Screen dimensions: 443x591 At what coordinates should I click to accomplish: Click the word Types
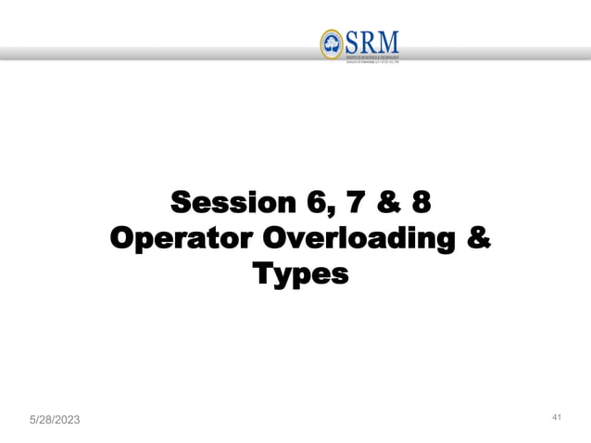(x=300, y=275)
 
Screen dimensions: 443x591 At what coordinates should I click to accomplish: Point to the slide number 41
(x=557, y=419)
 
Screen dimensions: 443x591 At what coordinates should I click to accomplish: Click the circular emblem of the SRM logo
(x=331, y=43)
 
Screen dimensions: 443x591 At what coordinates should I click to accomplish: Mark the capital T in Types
(x=262, y=274)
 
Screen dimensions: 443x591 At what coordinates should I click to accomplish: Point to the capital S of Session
(x=183, y=201)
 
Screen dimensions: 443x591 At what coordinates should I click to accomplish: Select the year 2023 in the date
(x=64, y=421)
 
